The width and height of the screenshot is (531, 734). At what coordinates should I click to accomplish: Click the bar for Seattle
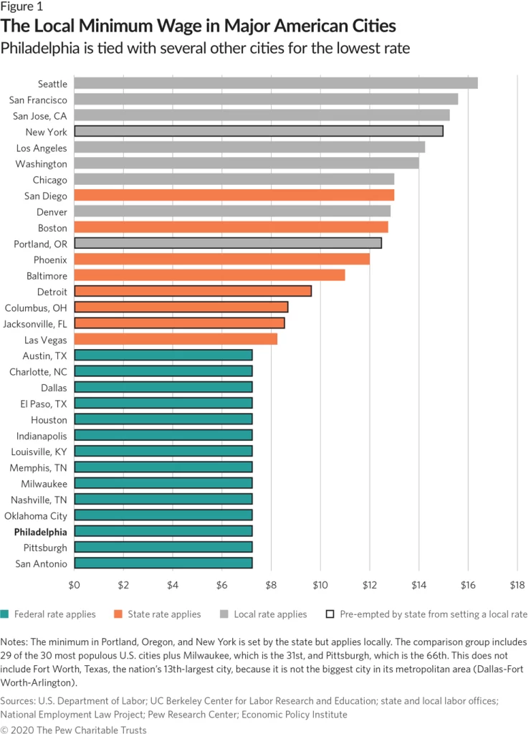[x=275, y=84]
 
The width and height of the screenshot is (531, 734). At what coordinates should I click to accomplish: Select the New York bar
[x=258, y=132]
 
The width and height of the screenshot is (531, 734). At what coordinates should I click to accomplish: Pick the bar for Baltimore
[x=209, y=275]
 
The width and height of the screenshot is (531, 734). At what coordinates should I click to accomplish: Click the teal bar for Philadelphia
[x=163, y=531]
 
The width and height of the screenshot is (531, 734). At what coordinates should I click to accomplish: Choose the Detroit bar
[x=193, y=291]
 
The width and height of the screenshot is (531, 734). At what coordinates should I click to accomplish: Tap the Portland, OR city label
[x=41, y=244]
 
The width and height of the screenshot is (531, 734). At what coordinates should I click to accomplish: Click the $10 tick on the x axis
[x=320, y=585]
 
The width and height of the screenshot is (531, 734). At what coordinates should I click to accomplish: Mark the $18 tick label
[x=517, y=585]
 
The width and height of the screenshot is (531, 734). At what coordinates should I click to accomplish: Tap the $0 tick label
[x=75, y=585]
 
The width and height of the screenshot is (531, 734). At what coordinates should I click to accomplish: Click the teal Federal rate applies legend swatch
[x=6, y=614]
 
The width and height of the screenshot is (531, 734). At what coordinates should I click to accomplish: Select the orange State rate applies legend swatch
[x=118, y=614]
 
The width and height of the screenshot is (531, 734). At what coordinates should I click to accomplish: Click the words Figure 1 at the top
[x=21, y=8]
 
